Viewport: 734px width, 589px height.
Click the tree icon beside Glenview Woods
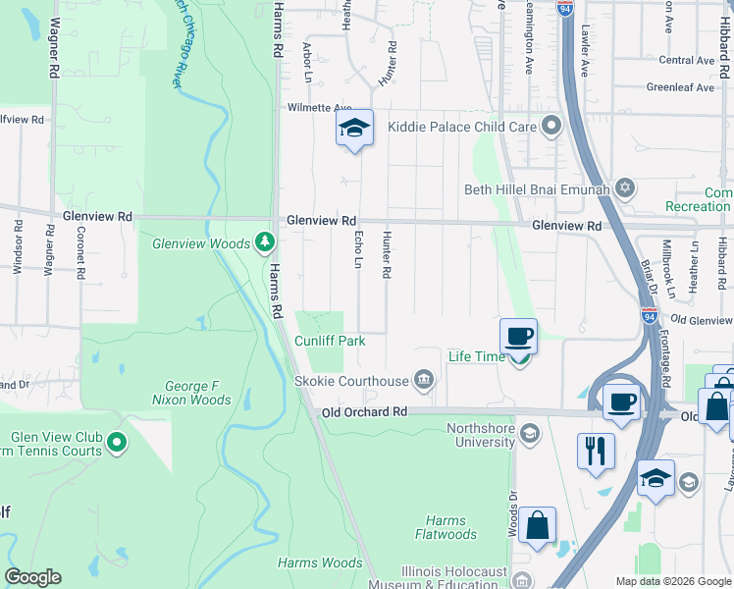click(263, 241)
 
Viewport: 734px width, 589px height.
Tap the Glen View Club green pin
click(117, 444)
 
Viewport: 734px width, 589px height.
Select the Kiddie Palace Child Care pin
click(550, 126)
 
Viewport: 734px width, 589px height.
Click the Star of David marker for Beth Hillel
click(623, 188)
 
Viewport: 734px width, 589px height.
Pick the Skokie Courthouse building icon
click(423, 379)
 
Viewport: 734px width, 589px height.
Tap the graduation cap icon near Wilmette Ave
click(355, 128)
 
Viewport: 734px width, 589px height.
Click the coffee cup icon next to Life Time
click(518, 337)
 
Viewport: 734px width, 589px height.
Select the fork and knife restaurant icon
click(596, 451)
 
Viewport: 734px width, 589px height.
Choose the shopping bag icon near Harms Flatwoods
click(537, 525)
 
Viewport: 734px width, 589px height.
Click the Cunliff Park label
click(330, 341)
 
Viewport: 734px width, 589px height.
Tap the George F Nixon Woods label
click(191, 393)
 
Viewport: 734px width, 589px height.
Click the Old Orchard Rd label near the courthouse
click(363, 412)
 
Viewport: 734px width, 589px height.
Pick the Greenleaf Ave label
click(680, 87)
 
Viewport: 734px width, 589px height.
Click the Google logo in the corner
click(32, 577)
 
